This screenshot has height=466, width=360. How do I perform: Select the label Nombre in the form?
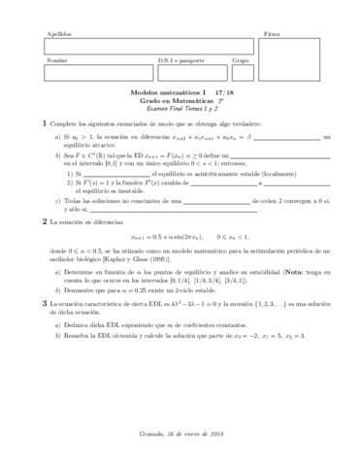[54, 60]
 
